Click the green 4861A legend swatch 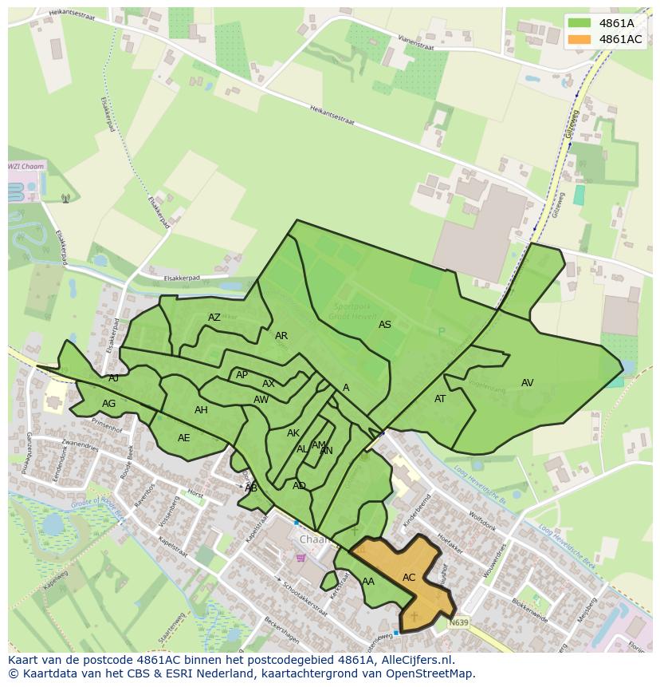(579, 23)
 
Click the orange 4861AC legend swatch (579, 39)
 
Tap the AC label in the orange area (409, 578)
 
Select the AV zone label (527, 383)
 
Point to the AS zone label (385, 325)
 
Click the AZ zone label (214, 318)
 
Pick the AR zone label (281, 336)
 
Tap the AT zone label (440, 399)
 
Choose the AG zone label (109, 404)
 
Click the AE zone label (184, 438)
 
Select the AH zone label (201, 410)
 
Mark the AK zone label (293, 433)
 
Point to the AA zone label (368, 582)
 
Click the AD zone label (299, 486)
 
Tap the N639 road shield (458, 622)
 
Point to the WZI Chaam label (26, 167)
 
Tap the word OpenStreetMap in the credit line (431, 673)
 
